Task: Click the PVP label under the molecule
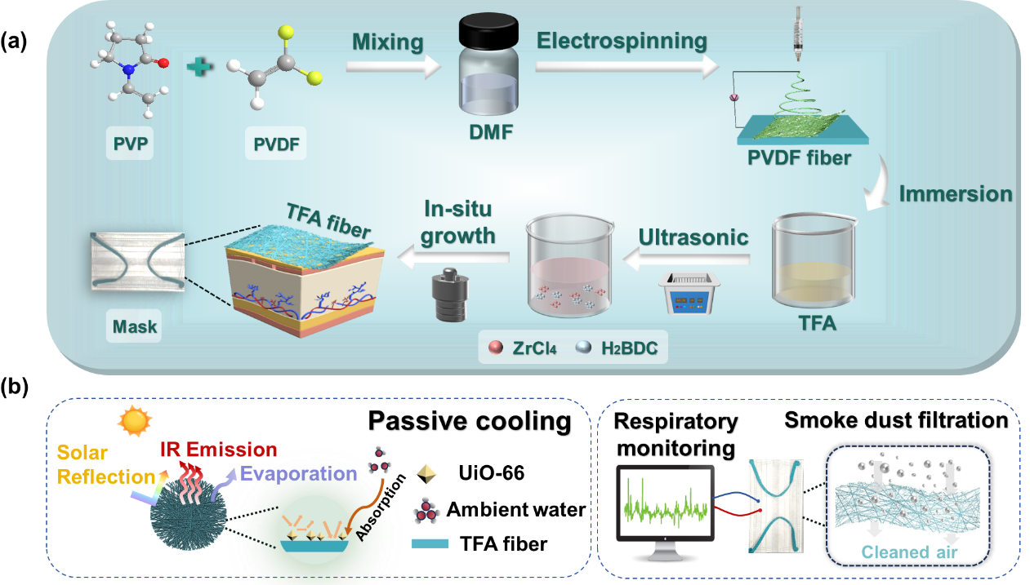tap(129, 145)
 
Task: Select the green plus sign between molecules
tap(199, 66)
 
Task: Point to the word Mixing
tap(388, 42)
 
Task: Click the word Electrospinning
tap(622, 40)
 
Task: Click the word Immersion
tap(956, 194)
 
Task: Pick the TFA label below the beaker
tap(818, 323)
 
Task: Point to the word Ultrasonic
tap(693, 237)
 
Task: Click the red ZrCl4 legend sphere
tap(495, 348)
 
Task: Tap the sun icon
tap(135, 421)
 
